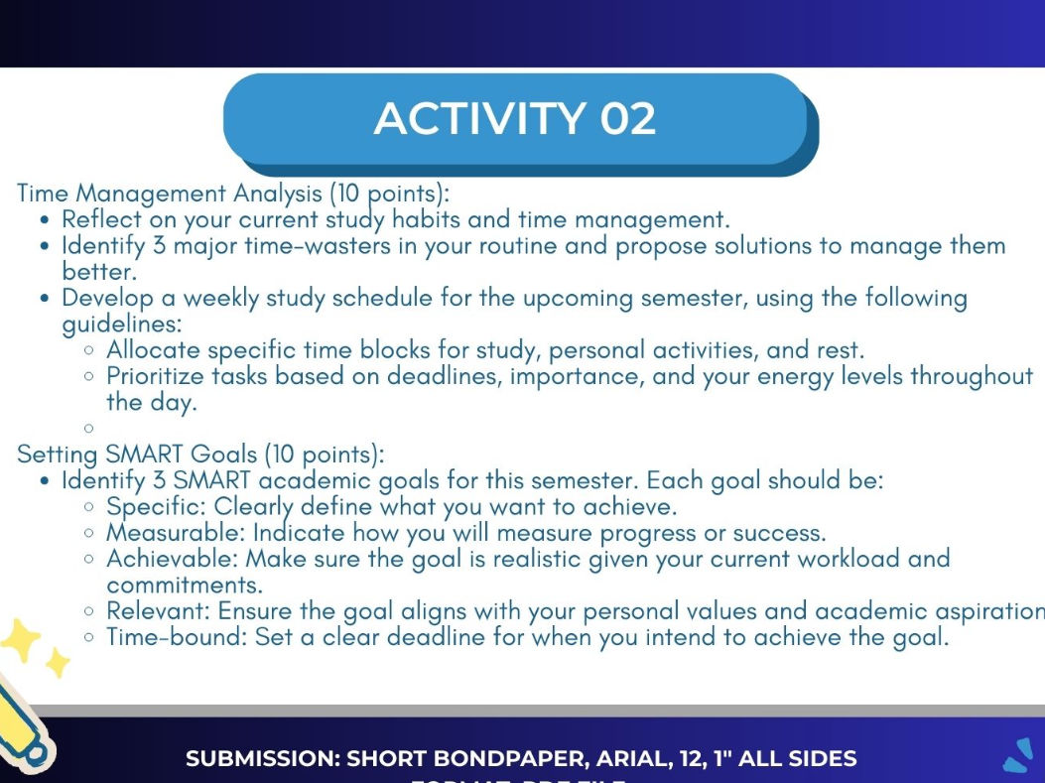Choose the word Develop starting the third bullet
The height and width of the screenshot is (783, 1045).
104,298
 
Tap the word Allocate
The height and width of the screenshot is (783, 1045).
150,349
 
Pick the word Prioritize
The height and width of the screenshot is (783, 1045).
156,376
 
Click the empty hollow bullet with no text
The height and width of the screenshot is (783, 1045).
90,429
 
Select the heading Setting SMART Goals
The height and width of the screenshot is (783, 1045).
137,455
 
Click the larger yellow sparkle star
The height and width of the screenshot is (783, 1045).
20,640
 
